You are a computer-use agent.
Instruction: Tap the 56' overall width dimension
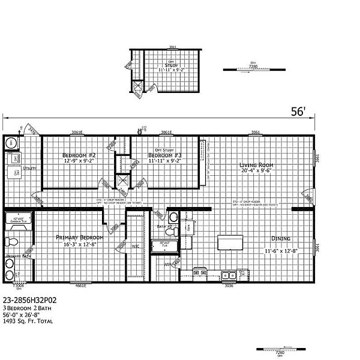coord(298,112)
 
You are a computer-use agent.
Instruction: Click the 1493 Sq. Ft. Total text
coord(28,322)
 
